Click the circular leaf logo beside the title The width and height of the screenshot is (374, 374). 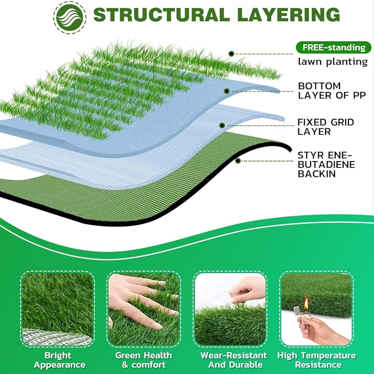coord(70,16)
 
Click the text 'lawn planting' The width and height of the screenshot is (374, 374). coord(332,62)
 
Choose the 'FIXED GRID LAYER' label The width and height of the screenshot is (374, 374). coord(325,127)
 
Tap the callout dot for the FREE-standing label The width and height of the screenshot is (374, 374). coord(232,54)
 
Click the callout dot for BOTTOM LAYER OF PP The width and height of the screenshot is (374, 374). coord(226,91)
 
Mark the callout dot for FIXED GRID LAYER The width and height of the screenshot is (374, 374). coord(222,126)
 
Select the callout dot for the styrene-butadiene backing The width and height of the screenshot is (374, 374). coord(238,161)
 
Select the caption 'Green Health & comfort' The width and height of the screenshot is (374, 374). coord(144,360)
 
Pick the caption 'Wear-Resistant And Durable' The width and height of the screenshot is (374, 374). coord(234,360)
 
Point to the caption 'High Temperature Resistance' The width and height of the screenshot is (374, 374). coord(316,360)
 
